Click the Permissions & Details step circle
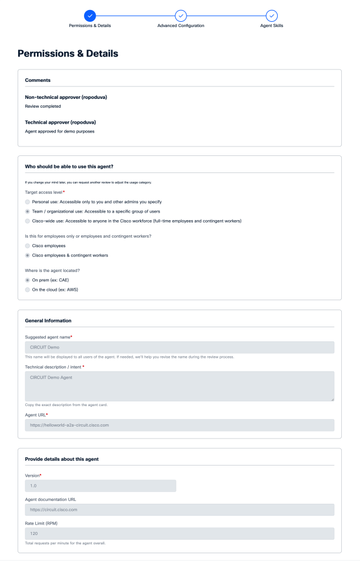[x=90, y=16]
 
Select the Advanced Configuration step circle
[x=181, y=16]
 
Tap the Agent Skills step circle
[x=271, y=16]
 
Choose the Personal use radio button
[x=28, y=201]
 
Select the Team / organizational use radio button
[x=28, y=211]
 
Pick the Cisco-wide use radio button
[x=28, y=221]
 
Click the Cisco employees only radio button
[x=28, y=245]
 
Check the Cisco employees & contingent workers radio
[x=28, y=255]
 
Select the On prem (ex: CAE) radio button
[x=28, y=280]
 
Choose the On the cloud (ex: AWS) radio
[x=28, y=290]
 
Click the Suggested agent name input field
[x=179, y=347]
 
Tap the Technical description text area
[x=179, y=386]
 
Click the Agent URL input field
[x=179, y=425]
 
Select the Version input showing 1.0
[x=101, y=486]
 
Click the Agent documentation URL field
[x=179, y=510]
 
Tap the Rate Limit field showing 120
[x=179, y=534]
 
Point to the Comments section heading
[x=38, y=80]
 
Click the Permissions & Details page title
[x=68, y=54]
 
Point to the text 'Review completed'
[x=43, y=107]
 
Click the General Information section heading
[x=48, y=321]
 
